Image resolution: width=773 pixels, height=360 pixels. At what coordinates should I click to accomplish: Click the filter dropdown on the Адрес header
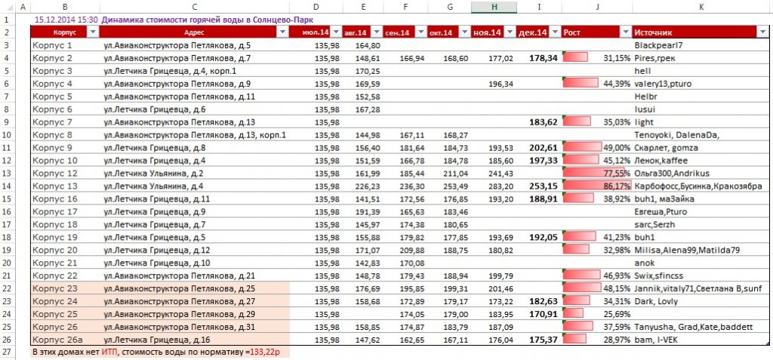(283, 32)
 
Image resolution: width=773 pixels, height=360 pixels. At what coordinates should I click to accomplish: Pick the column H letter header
(494, 7)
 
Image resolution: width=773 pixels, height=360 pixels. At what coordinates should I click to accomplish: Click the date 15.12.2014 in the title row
(54, 20)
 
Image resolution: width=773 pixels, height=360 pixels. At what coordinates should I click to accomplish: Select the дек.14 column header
(534, 32)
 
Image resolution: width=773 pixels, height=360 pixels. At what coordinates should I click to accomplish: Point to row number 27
(6, 352)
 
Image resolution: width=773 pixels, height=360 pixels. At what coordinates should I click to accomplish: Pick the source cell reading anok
(645, 263)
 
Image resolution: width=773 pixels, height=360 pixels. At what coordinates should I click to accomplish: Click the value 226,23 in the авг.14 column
(368, 186)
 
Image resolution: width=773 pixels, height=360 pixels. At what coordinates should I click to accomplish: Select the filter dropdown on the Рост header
(626, 32)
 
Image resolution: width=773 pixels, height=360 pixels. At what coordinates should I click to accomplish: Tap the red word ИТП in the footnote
(110, 352)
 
